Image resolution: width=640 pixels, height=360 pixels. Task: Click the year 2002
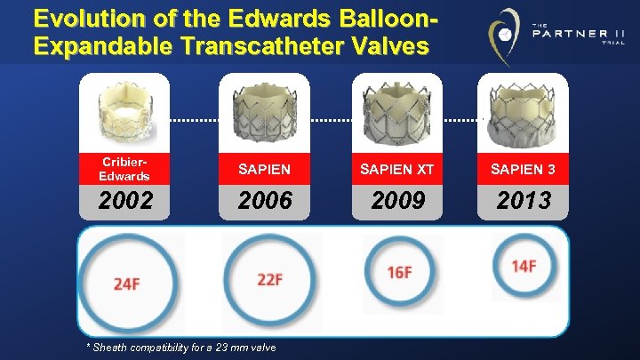(x=124, y=201)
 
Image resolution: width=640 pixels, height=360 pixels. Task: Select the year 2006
(x=265, y=201)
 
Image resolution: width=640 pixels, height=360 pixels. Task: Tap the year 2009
(x=398, y=201)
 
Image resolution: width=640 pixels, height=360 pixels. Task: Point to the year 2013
(x=524, y=201)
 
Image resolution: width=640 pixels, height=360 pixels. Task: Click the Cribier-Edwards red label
(x=124, y=170)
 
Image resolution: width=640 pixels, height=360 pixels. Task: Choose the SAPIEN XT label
(x=398, y=169)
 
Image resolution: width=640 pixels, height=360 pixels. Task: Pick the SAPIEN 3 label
(x=524, y=169)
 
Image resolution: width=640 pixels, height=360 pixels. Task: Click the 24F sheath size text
(x=126, y=284)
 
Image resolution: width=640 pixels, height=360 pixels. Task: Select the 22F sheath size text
(x=269, y=279)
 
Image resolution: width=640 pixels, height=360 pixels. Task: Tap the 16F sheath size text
(x=399, y=272)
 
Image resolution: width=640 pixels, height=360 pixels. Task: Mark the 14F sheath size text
(x=524, y=266)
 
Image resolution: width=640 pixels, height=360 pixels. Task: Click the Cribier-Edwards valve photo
(x=124, y=111)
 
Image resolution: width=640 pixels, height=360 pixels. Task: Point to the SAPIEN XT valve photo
(x=398, y=111)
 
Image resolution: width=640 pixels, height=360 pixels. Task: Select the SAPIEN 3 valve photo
(x=524, y=111)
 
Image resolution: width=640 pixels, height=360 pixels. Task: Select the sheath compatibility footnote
(x=180, y=347)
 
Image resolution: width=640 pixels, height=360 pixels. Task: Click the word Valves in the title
(x=388, y=45)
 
